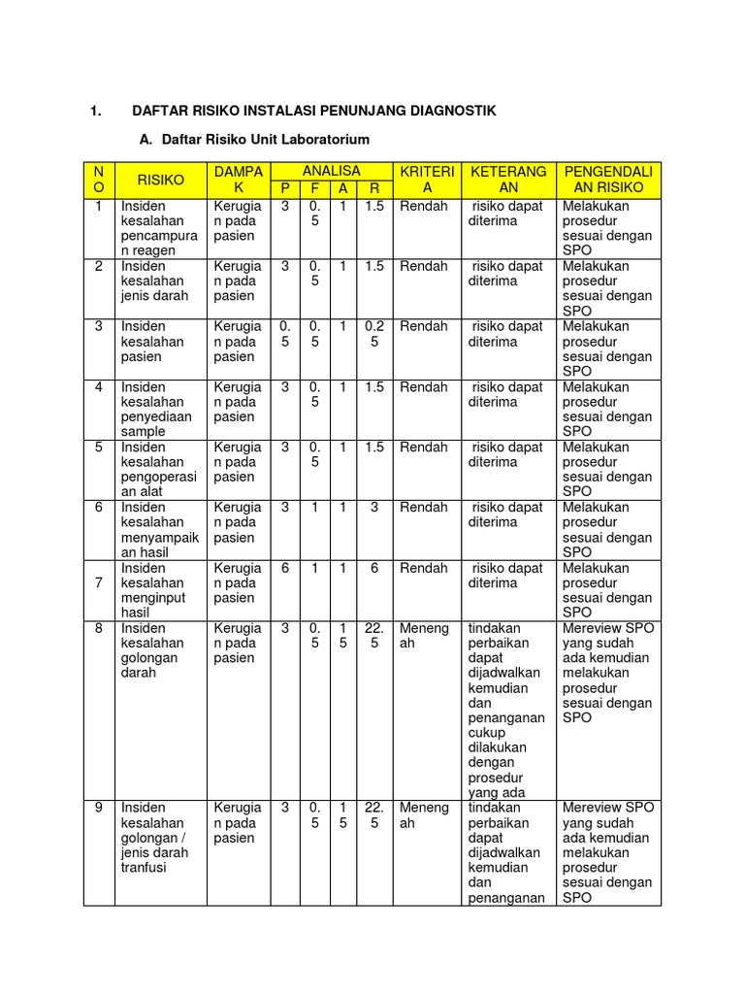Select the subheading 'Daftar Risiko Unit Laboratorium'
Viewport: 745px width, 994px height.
[x=265, y=140]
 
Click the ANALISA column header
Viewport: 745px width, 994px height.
[x=332, y=171]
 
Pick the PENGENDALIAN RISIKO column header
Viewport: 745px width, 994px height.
[x=609, y=180]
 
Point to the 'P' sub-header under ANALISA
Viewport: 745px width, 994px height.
[x=285, y=189]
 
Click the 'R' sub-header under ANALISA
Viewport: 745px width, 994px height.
[x=374, y=189]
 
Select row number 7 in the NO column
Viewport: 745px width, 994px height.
[x=99, y=582]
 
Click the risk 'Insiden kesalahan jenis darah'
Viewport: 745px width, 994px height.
[x=153, y=281]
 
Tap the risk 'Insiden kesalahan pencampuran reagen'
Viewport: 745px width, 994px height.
[x=157, y=228]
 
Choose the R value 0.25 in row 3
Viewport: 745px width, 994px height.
[x=374, y=334]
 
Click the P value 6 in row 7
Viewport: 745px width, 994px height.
[x=285, y=568]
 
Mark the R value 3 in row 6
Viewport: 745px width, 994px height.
[x=374, y=508]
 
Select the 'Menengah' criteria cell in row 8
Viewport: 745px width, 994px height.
[x=425, y=635]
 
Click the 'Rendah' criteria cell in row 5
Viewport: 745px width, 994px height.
[x=424, y=447]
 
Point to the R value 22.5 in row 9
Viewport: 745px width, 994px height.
[x=374, y=815]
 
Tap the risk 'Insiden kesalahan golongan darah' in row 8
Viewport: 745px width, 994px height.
[x=153, y=650]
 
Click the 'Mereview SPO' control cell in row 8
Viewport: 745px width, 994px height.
[x=608, y=673]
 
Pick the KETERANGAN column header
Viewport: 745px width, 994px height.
[x=508, y=180]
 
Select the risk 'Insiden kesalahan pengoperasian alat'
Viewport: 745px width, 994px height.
[x=157, y=469]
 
